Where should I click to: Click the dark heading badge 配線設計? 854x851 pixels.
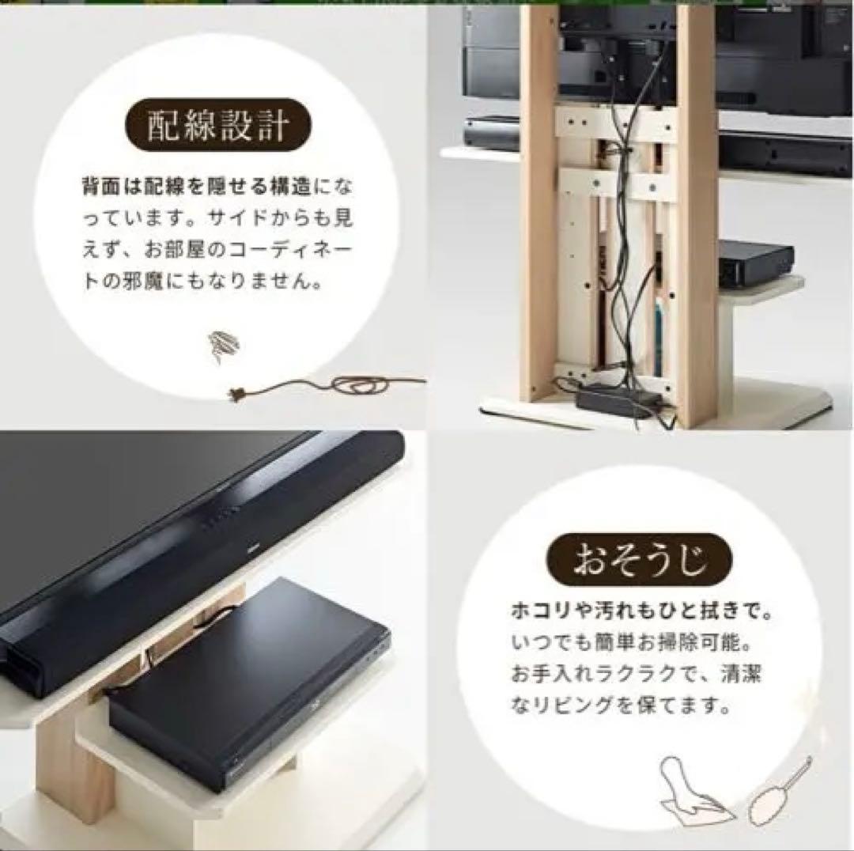(218, 125)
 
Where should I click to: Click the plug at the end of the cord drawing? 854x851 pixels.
(237, 393)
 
